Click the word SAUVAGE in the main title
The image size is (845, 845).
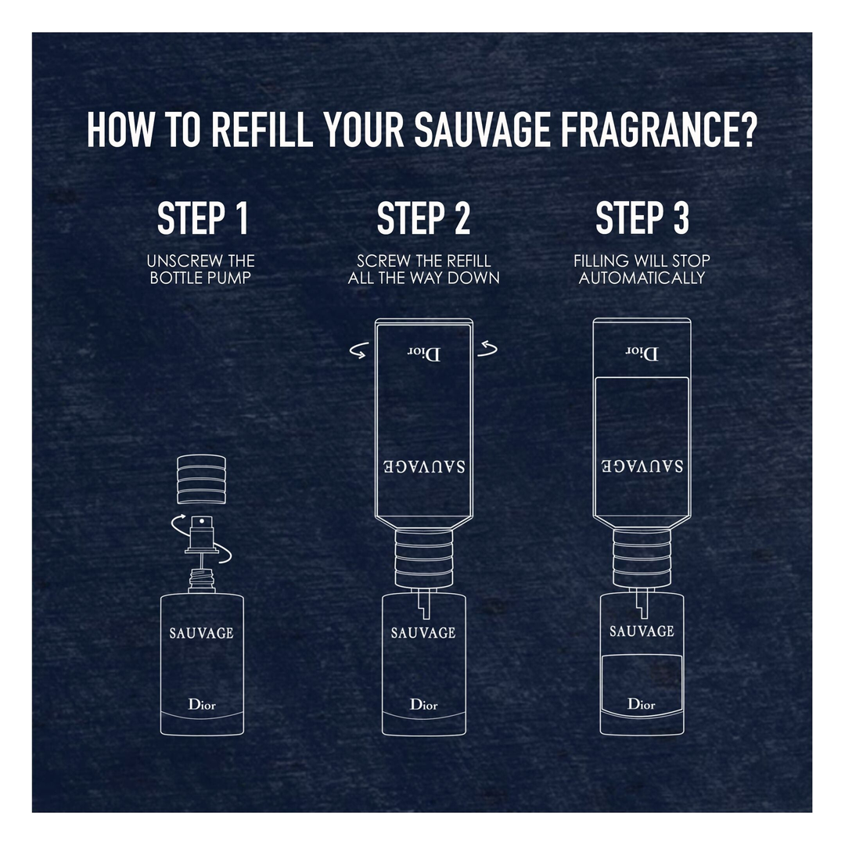pos(482,130)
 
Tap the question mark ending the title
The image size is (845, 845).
pos(747,130)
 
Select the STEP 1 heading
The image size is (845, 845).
pos(203,218)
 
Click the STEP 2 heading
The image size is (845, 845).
pos(423,218)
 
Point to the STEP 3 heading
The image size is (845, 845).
pos(642,218)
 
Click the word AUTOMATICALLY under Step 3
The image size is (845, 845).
pos(642,278)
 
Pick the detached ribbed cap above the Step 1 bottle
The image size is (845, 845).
pos(201,479)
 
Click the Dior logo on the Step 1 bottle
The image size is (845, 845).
pos(202,704)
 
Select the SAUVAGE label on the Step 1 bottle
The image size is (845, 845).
pos(202,633)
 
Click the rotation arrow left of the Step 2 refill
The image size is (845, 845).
pos(359,351)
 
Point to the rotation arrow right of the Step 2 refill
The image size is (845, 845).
pos(487,349)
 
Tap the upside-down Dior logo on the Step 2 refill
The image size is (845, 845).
pos(423,354)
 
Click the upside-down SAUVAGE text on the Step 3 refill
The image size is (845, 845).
pos(642,466)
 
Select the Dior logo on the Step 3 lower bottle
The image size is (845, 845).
pos(642,703)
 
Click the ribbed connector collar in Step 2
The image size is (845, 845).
pos(423,559)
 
